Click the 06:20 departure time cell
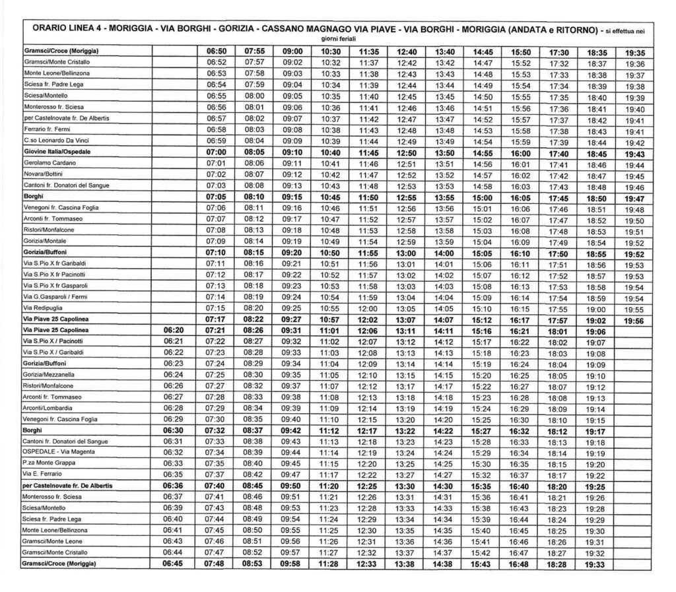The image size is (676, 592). coord(173,330)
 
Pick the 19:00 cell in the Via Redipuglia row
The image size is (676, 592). coord(596,308)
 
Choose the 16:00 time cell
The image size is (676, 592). coord(522,152)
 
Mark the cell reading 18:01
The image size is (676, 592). coord(558,330)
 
